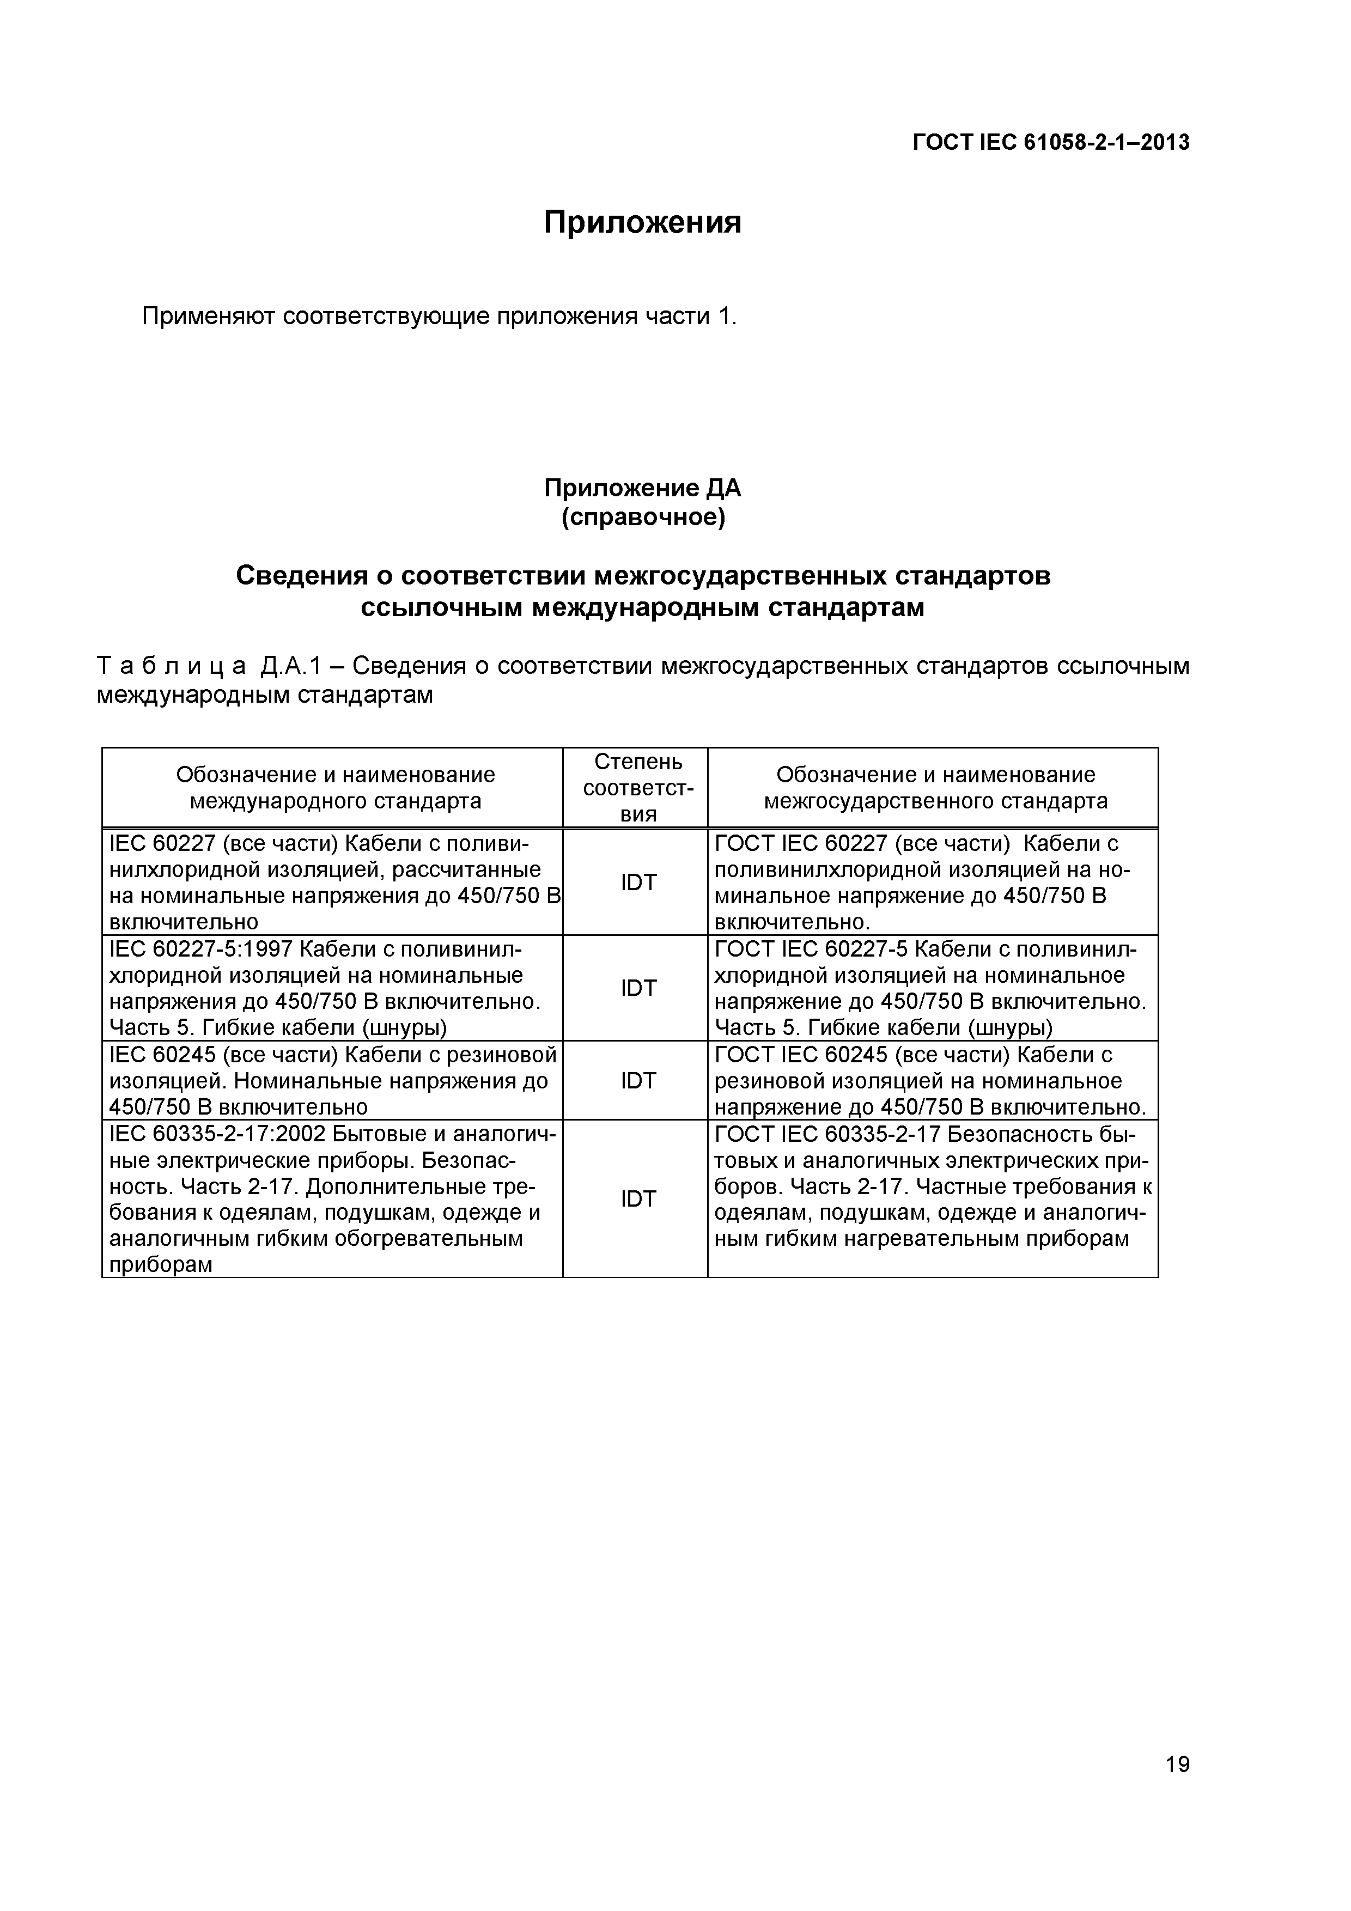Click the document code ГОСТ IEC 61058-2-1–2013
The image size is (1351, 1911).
pyautogui.click(x=1050, y=143)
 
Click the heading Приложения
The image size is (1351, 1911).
pyautogui.click(x=642, y=222)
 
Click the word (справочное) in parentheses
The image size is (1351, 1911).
pyautogui.click(x=643, y=518)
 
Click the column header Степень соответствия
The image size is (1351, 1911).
pyautogui.click(x=638, y=787)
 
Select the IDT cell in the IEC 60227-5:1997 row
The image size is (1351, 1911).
pyautogui.click(x=638, y=988)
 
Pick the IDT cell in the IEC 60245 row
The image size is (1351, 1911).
pyautogui.click(x=638, y=1080)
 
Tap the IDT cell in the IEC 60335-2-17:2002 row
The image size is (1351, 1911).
pyautogui.click(x=638, y=1198)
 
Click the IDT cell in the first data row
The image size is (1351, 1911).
pyautogui.click(x=638, y=883)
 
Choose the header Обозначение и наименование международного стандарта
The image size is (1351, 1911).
pyautogui.click(x=336, y=787)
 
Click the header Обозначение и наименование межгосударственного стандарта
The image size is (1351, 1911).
pyautogui.click(x=936, y=787)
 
